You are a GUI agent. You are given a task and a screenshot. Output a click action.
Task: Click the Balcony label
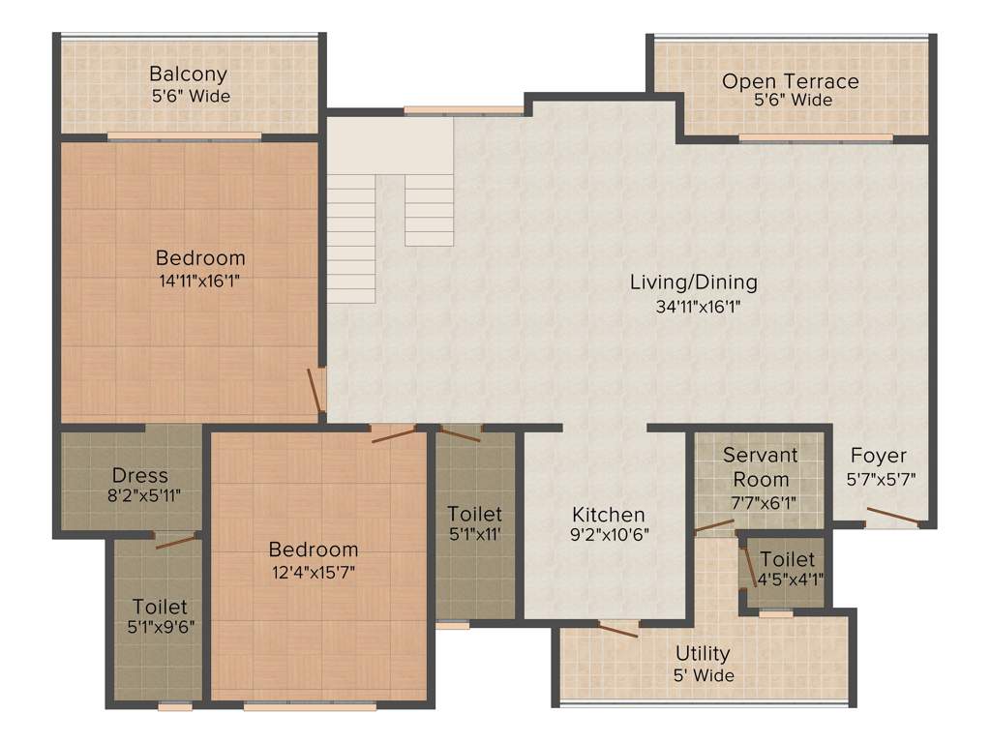189,74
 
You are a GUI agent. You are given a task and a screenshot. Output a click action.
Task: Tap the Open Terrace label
790,80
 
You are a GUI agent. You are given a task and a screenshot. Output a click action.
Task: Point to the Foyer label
879,455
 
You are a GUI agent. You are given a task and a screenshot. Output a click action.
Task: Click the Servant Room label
760,466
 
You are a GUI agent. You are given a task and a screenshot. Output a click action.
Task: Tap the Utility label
703,653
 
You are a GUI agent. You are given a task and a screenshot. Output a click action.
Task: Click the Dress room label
139,475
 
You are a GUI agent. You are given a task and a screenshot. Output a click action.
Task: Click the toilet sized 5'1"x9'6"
160,616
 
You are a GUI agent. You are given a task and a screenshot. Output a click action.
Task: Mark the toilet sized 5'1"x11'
474,523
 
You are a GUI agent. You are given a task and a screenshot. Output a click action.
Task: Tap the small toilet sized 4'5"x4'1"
787,570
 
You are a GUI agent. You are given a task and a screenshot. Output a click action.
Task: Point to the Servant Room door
714,527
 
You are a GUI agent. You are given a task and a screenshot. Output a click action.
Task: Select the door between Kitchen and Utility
617,629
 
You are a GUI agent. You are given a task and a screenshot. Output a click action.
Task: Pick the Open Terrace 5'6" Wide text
793,101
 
